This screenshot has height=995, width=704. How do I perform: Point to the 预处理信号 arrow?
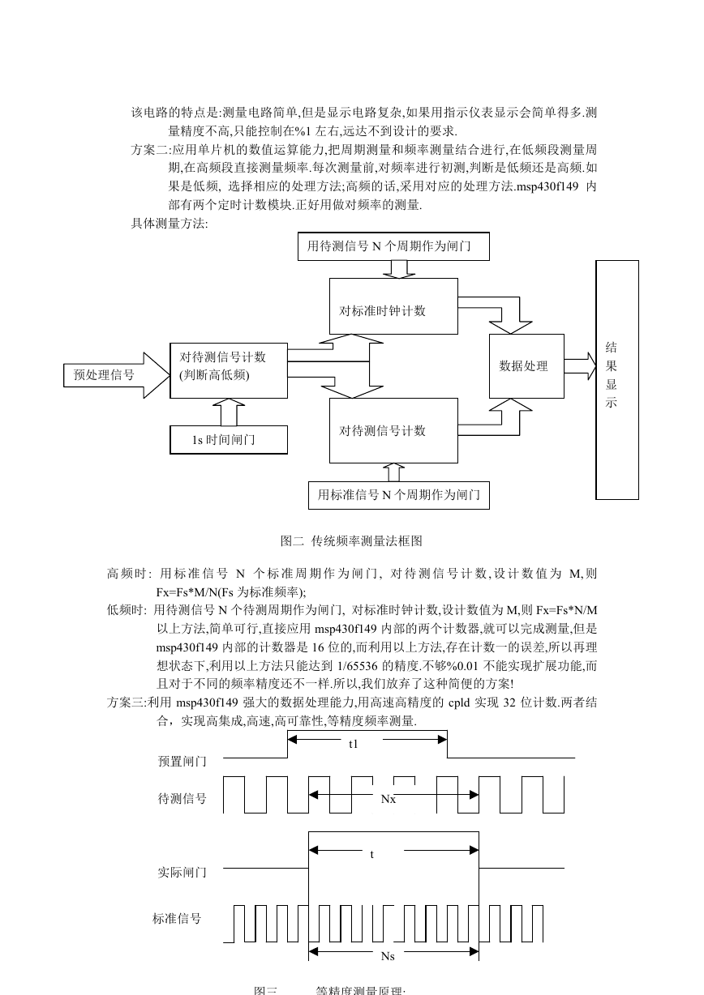coord(117,375)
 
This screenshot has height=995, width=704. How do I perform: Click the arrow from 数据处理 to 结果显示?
coord(580,366)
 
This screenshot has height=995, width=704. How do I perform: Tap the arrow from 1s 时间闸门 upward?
coord(229,412)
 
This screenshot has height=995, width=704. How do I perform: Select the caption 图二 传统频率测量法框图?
coord(351,540)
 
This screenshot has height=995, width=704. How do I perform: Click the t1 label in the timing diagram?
coord(353,744)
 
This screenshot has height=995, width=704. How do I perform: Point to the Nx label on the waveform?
coord(388,799)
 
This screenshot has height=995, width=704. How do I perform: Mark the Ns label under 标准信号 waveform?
coord(388,956)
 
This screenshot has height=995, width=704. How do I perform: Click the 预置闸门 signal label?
coord(182,762)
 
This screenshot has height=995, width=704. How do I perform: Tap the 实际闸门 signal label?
coord(182,873)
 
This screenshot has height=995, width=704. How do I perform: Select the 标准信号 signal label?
coord(177,918)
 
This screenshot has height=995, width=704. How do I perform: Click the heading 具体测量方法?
coord(170,224)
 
